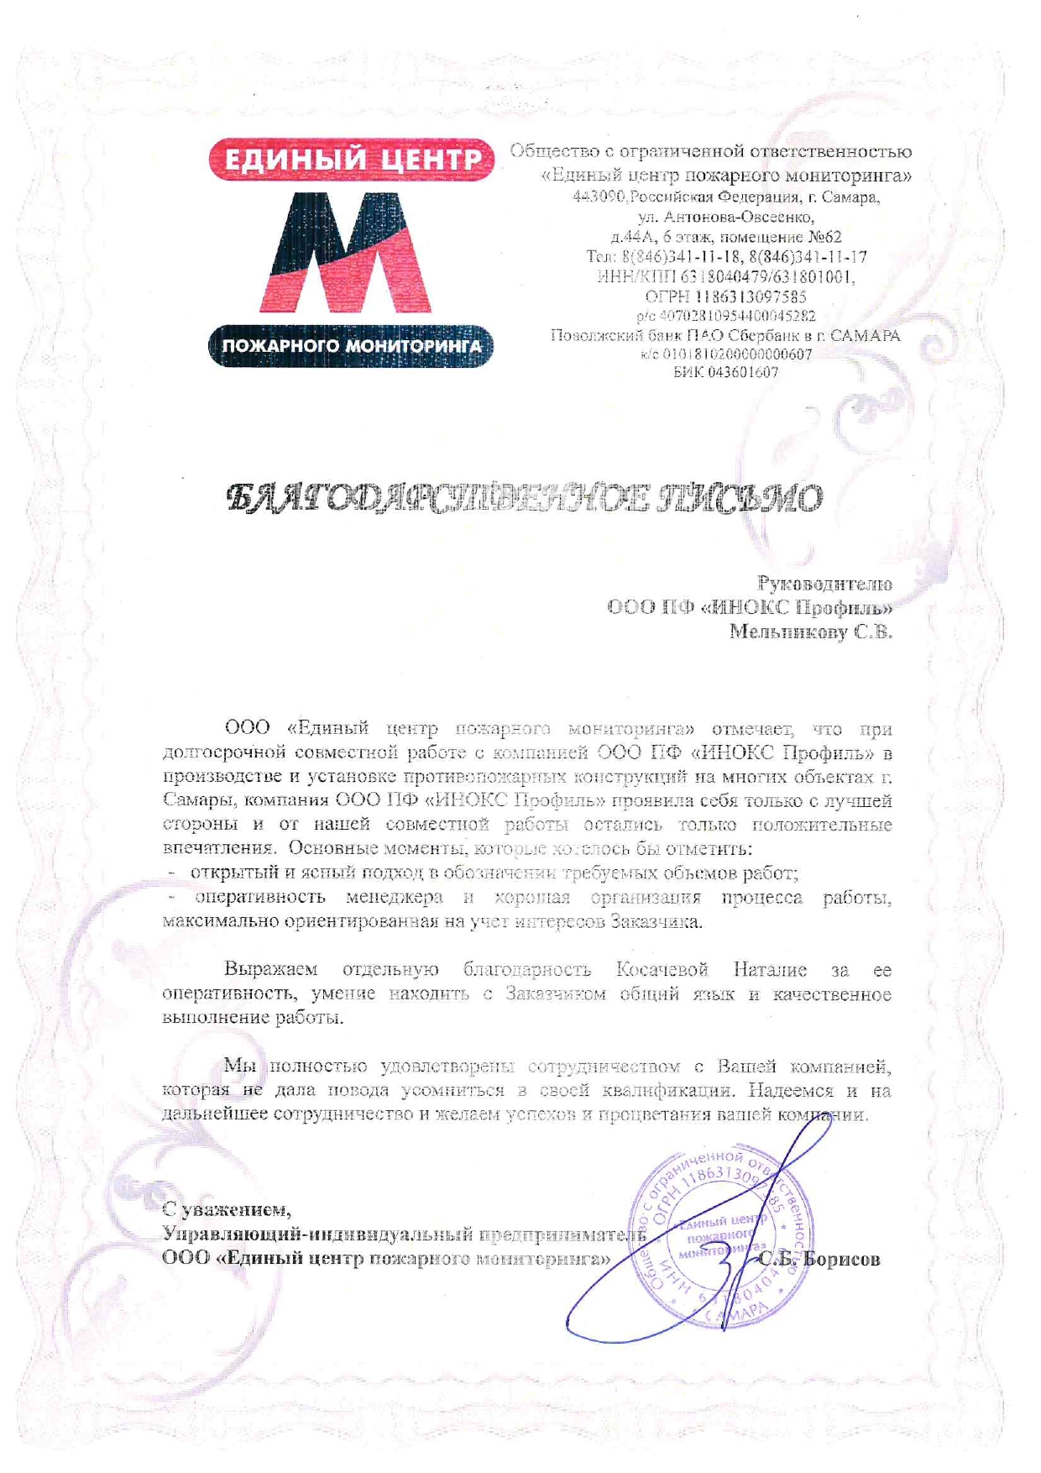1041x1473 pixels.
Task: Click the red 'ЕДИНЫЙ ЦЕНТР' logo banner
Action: [351, 160]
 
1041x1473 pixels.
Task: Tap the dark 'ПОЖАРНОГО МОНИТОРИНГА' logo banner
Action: [351, 346]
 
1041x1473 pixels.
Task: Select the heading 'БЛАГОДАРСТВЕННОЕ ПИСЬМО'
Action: [525, 499]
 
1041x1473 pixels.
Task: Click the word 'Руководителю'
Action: [824, 584]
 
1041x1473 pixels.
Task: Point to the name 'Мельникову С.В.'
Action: [810, 632]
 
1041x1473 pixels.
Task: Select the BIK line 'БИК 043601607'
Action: [725, 372]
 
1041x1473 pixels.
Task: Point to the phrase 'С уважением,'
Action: [227, 1210]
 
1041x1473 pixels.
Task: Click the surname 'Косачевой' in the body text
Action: [662, 970]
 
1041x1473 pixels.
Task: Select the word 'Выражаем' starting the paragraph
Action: [271, 970]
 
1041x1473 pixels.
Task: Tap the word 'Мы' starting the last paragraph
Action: [239, 1067]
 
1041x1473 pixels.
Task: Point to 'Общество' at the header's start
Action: [549, 152]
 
